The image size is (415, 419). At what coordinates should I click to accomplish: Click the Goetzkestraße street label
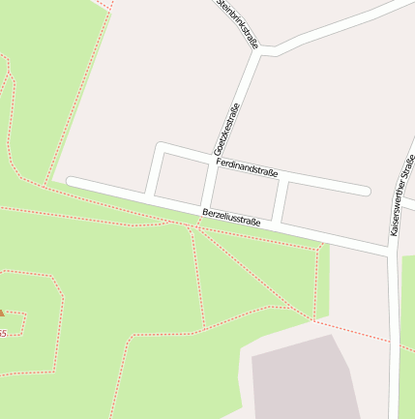pos(230,135)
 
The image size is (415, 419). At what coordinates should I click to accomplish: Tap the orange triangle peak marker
pos(1,313)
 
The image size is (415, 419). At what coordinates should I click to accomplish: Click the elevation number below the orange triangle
pos(2,333)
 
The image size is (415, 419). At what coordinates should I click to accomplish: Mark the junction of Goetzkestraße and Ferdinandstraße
pos(215,162)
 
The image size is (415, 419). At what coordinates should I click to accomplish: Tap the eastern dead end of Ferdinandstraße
pos(365,191)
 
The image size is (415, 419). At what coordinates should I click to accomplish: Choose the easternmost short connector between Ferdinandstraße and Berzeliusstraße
pos(280,198)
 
